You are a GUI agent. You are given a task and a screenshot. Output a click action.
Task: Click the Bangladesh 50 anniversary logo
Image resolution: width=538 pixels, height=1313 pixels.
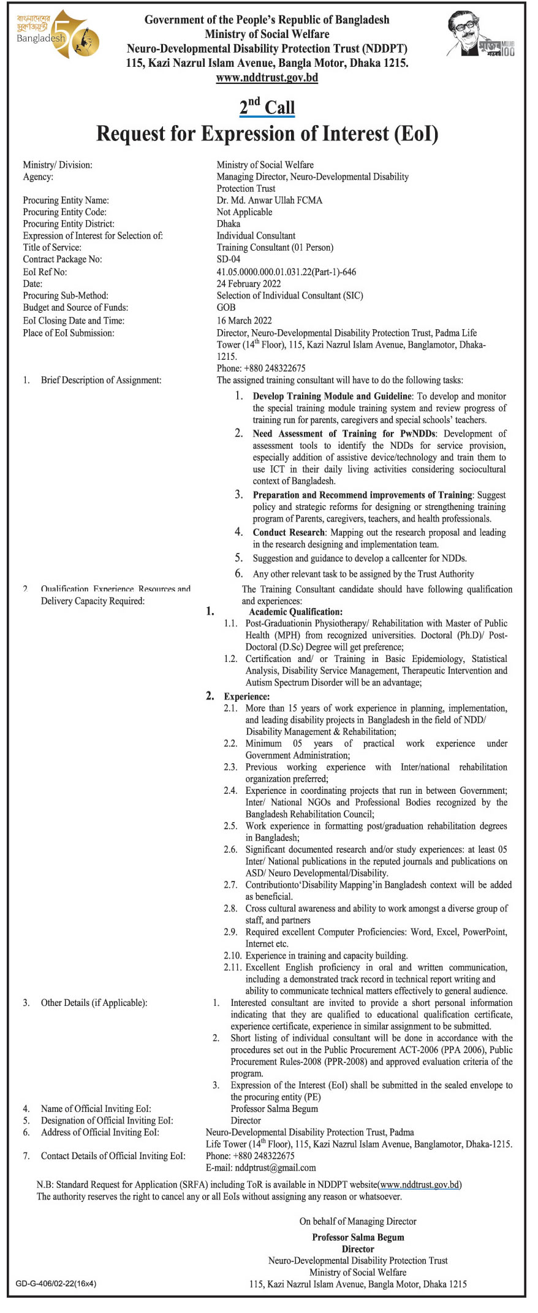click(x=57, y=35)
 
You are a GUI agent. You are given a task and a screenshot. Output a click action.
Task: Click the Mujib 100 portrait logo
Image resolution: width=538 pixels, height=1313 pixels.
click(x=480, y=36)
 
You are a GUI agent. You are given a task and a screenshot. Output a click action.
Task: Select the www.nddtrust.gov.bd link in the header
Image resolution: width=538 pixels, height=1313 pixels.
click(x=267, y=78)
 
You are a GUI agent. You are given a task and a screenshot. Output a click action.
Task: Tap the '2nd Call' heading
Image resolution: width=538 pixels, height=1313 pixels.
click(x=267, y=107)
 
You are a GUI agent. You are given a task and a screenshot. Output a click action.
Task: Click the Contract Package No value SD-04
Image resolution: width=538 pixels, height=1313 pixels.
click(x=229, y=259)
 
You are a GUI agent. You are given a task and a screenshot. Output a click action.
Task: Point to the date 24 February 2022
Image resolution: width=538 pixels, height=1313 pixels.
click(x=249, y=284)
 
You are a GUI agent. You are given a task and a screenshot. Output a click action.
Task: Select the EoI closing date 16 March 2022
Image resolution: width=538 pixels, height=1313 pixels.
click(x=244, y=321)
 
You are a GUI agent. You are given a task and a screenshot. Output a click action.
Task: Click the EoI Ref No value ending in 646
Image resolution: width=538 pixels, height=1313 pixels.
click(x=286, y=272)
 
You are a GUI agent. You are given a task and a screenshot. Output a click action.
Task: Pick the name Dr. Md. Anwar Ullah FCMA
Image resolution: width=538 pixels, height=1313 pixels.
click(x=269, y=200)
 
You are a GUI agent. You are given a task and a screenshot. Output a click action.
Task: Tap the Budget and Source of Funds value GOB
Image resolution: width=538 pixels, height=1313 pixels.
click(x=226, y=308)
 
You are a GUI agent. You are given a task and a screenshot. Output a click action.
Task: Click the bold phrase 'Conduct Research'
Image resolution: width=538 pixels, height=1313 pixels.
click(x=289, y=532)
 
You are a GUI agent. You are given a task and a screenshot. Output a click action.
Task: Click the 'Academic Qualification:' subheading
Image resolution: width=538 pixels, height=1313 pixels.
click(x=295, y=612)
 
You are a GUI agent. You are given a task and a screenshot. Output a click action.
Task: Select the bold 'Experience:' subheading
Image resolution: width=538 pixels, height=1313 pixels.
click(x=246, y=696)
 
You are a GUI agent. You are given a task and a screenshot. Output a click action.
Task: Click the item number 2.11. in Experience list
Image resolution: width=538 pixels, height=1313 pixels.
click(x=233, y=967)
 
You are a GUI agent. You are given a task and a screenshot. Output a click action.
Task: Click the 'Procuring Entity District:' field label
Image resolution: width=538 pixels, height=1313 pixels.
click(x=69, y=224)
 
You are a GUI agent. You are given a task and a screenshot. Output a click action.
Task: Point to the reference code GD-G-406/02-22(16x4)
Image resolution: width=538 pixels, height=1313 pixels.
click(x=56, y=1283)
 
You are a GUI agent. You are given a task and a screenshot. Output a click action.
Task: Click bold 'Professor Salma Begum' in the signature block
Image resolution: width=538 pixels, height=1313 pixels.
click(x=358, y=1237)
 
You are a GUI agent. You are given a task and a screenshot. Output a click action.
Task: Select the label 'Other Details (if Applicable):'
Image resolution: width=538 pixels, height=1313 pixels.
click(x=94, y=1003)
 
